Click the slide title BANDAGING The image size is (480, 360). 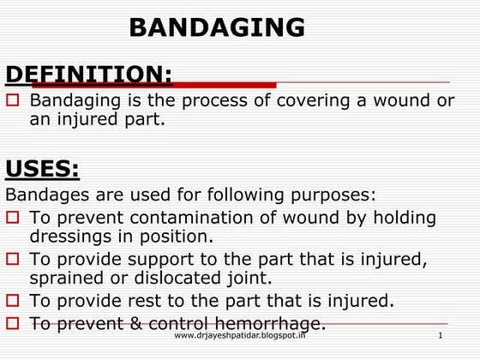pos(217,27)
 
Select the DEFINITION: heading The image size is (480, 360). pos(89,75)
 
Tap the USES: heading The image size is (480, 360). pos(43,167)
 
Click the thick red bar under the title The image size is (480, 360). pos(223,84)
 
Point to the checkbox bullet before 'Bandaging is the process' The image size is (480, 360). pos(14,101)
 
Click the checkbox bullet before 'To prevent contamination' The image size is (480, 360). pos(14,218)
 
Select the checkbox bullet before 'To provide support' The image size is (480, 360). pos(14,258)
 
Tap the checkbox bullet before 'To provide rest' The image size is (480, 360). pos(14,301)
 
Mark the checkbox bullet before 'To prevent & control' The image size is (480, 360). pos(14,323)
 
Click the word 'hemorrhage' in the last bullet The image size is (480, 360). pos(273,323)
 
